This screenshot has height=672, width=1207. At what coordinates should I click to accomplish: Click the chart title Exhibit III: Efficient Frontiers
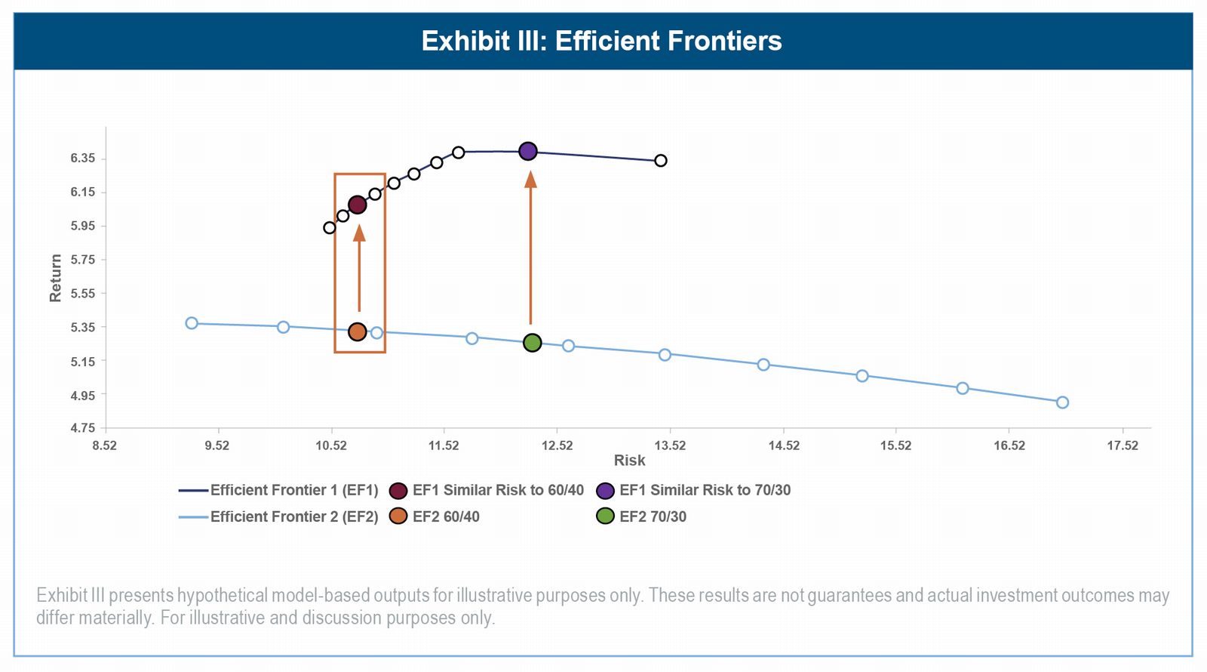pyautogui.click(x=601, y=41)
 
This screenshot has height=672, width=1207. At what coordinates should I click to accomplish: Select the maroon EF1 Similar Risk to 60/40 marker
pyautogui.click(x=358, y=205)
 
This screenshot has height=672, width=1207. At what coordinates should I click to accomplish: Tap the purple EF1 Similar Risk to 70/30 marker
pyautogui.click(x=528, y=151)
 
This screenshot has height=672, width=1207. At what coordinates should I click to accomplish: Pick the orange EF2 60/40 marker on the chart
pyautogui.click(x=358, y=331)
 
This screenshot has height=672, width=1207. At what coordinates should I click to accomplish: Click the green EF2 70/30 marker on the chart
pyautogui.click(x=532, y=343)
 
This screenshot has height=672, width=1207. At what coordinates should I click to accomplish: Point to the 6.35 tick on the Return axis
pyautogui.click(x=83, y=159)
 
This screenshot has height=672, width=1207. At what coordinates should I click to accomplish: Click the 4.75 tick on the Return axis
pyautogui.click(x=83, y=428)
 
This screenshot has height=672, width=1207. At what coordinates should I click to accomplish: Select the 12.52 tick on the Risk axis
pyautogui.click(x=557, y=445)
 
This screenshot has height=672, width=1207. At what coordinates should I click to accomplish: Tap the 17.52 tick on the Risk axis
pyautogui.click(x=1123, y=445)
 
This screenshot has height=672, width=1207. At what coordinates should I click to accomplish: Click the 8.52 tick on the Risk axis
pyautogui.click(x=105, y=445)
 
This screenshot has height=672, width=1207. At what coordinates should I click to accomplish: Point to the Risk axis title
pyautogui.click(x=629, y=461)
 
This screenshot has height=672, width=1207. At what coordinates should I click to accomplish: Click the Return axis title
pyautogui.click(x=56, y=278)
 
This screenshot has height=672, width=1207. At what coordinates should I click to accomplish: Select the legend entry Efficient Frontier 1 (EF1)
pyautogui.click(x=293, y=490)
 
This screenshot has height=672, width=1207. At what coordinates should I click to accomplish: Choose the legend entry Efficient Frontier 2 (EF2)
pyautogui.click(x=293, y=516)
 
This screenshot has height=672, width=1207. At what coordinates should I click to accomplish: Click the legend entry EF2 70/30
pyautogui.click(x=653, y=516)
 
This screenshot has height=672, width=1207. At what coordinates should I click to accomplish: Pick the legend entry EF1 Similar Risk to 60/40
pyautogui.click(x=497, y=490)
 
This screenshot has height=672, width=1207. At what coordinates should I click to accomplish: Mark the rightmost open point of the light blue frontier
pyautogui.click(x=1062, y=402)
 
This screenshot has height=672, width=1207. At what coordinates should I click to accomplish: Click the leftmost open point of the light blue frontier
pyautogui.click(x=192, y=323)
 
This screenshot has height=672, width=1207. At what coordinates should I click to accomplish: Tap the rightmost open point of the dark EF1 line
pyautogui.click(x=661, y=160)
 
